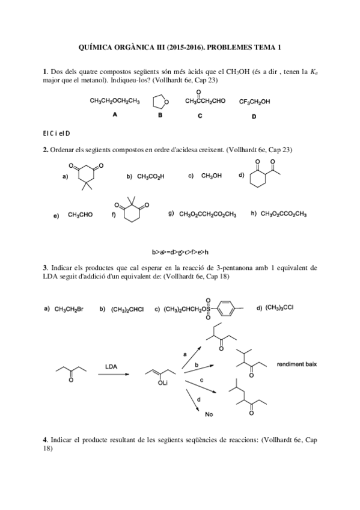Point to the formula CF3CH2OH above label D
click(254, 102)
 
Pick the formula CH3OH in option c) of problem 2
click(211, 176)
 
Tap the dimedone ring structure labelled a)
click(86, 175)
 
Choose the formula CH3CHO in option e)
click(80, 214)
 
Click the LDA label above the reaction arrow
click(111, 366)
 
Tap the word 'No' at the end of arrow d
click(209, 414)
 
